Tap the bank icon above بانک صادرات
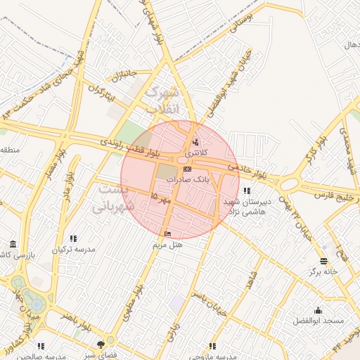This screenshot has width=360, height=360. point(186,169)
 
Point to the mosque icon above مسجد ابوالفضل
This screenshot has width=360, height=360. point(319,310)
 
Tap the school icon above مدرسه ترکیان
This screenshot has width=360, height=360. point(74,238)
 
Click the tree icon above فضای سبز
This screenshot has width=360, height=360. point(101,345)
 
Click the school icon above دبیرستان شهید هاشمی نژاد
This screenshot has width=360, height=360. point(245,191)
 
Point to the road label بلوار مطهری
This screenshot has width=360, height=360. point(136,300)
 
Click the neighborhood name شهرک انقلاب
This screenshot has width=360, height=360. point(163,101)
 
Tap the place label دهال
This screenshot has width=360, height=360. point(351,45)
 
